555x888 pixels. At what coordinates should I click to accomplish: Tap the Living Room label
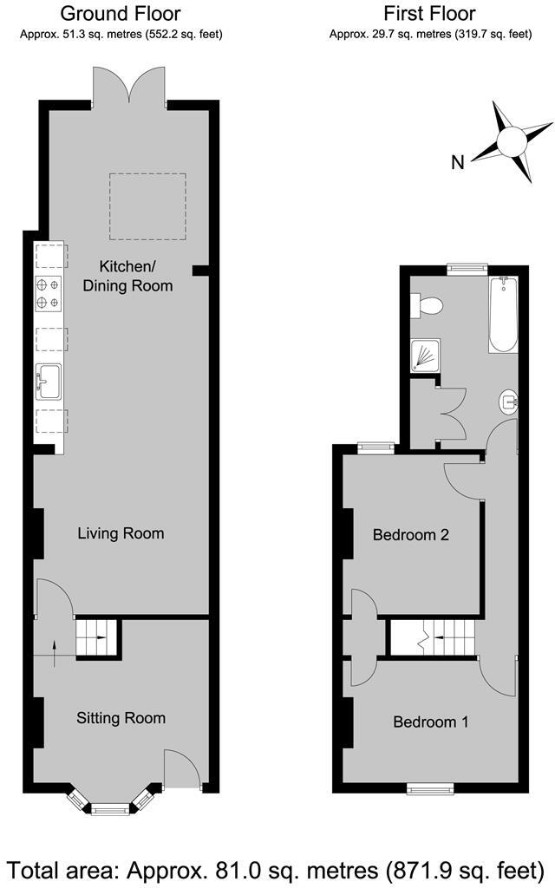pyautogui.click(x=121, y=533)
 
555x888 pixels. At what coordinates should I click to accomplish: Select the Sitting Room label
pyautogui.click(x=121, y=718)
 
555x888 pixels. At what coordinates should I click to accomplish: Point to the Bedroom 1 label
pyautogui.click(x=431, y=721)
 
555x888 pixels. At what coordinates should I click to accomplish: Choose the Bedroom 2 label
pyautogui.click(x=410, y=535)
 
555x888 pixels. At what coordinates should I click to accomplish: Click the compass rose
pyautogui.click(x=511, y=141)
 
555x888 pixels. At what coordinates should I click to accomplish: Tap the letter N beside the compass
pyautogui.click(x=458, y=161)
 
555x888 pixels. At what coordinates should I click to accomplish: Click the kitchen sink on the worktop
pyautogui.click(x=49, y=381)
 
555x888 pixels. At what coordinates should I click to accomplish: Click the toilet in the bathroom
pyautogui.click(x=428, y=304)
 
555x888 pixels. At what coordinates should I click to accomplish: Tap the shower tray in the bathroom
pyautogui.click(x=425, y=355)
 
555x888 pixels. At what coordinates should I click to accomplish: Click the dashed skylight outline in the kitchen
pyautogui.click(x=147, y=206)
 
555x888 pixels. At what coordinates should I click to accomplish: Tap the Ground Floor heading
pyautogui.click(x=121, y=14)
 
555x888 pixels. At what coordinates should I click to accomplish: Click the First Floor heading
pyautogui.click(x=430, y=14)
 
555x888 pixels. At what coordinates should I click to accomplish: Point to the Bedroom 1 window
pyautogui.click(x=430, y=787)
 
